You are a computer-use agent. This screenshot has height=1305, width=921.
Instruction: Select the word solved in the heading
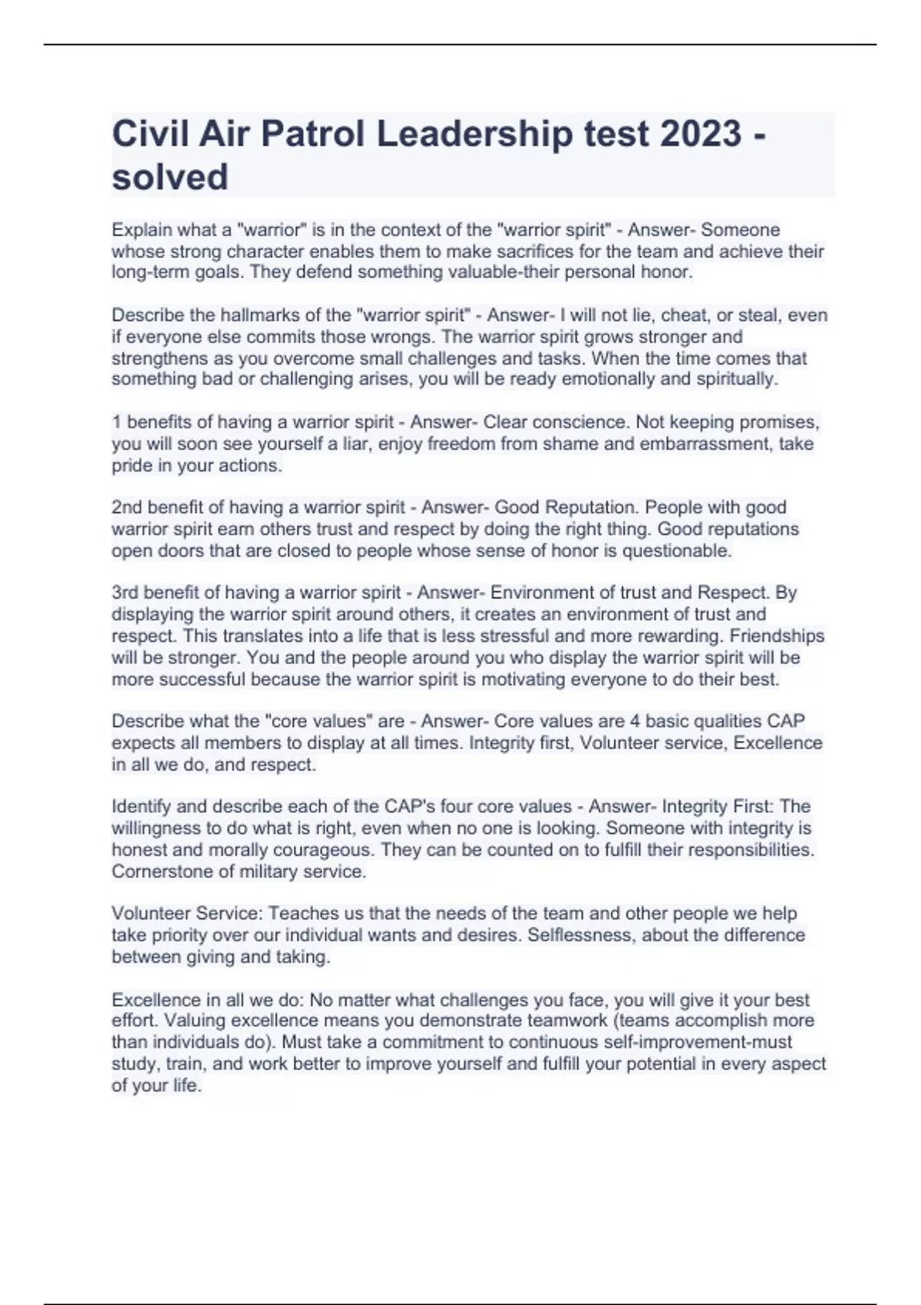pyautogui.click(x=170, y=177)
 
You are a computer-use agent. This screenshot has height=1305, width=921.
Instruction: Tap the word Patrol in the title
pyautogui.click(x=312, y=134)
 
